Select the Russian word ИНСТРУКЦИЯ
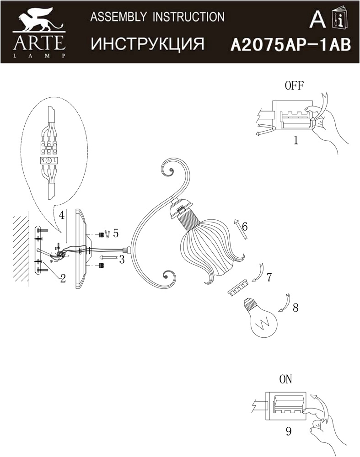[147, 44]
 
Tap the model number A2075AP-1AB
[290, 45]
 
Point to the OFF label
[294, 86]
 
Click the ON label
[285, 379]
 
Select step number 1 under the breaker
[296, 140]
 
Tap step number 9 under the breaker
[289, 431]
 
